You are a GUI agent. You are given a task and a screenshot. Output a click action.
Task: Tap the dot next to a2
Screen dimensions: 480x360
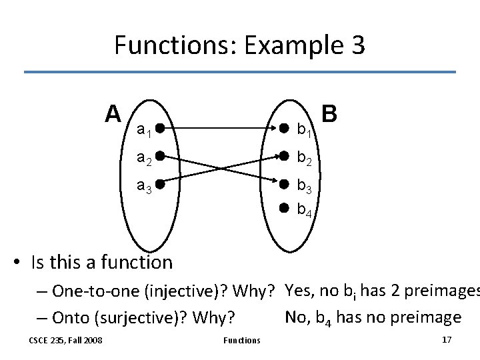(x=161, y=156)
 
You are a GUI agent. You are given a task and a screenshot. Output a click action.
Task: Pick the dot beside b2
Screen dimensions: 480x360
(x=283, y=156)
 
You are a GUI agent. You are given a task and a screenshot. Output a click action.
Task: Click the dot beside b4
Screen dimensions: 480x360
(x=283, y=208)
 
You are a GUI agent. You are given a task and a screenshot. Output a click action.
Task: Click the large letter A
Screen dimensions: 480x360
(x=113, y=113)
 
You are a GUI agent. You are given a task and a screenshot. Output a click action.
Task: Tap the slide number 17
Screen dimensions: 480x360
(x=447, y=340)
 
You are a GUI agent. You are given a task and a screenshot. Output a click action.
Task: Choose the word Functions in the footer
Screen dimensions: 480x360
(x=241, y=341)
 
